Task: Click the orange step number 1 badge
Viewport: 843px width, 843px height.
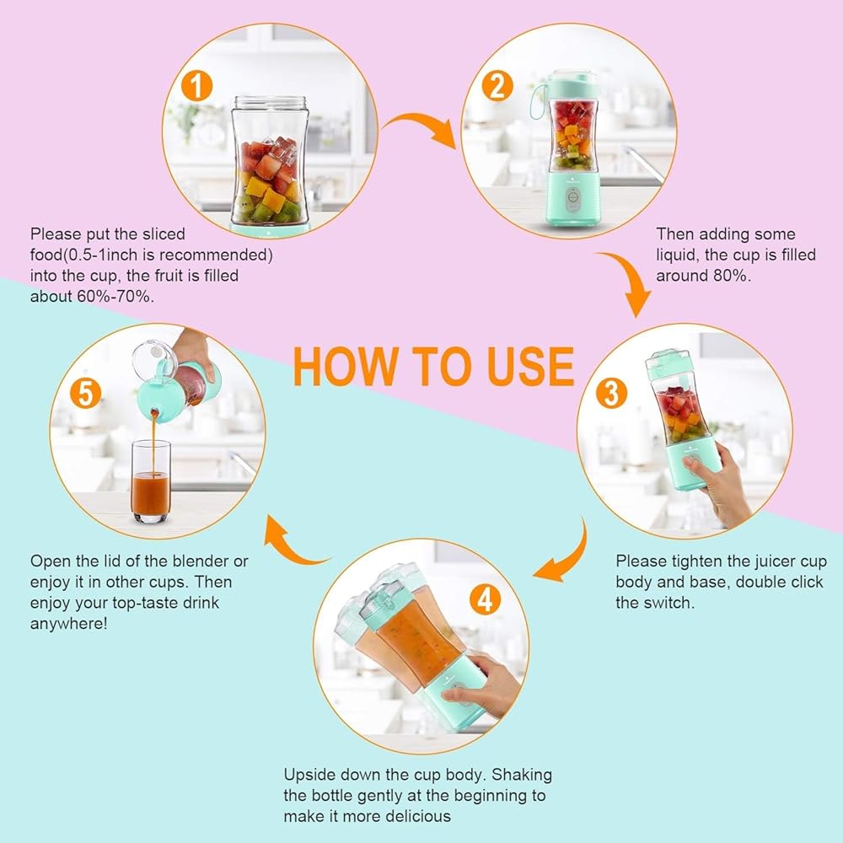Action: [x=196, y=86]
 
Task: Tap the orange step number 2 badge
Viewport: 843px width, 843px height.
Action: [x=497, y=86]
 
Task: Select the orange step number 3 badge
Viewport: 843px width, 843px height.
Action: [x=611, y=393]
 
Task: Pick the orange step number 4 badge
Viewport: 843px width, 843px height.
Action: [x=485, y=599]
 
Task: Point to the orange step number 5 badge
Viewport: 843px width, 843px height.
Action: [x=85, y=393]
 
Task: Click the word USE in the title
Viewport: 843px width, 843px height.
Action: [x=530, y=366]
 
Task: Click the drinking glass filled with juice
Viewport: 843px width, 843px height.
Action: [x=151, y=481]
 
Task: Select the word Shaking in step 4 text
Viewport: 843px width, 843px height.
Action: [x=522, y=775]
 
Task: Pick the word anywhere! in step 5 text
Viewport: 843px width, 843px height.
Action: [x=69, y=624]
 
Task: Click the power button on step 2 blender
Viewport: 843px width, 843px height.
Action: [x=573, y=198]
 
